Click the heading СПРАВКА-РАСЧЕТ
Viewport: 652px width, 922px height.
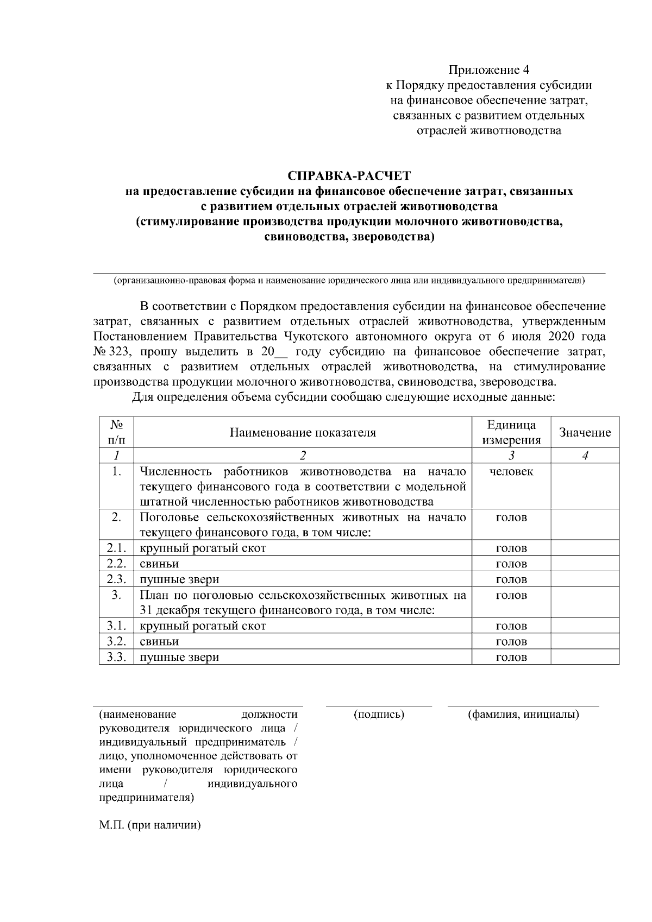tap(349, 176)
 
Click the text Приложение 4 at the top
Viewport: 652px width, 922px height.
tap(488, 70)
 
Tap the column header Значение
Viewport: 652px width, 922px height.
tap(585, 433)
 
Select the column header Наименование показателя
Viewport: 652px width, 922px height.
tap(303, 433)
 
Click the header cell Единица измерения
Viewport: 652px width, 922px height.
tap(511, 433)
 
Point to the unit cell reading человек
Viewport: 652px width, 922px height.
tap(511, 472)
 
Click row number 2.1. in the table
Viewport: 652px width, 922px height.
tap(116, 548)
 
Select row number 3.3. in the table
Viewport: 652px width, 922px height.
tap(116, 657)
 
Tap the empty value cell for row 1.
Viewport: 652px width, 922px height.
tap(585, 486)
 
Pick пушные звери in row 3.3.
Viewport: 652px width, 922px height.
tap(179, 657)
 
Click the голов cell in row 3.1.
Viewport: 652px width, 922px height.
tap(511, 626)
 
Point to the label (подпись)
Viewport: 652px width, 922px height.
tap(379, 715)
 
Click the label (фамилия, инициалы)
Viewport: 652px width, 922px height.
tap(523, 715)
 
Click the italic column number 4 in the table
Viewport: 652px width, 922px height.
tap(585, 456)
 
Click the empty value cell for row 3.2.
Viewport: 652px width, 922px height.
tap(585, 642)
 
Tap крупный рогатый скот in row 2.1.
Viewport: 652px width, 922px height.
tap(203, 548)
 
